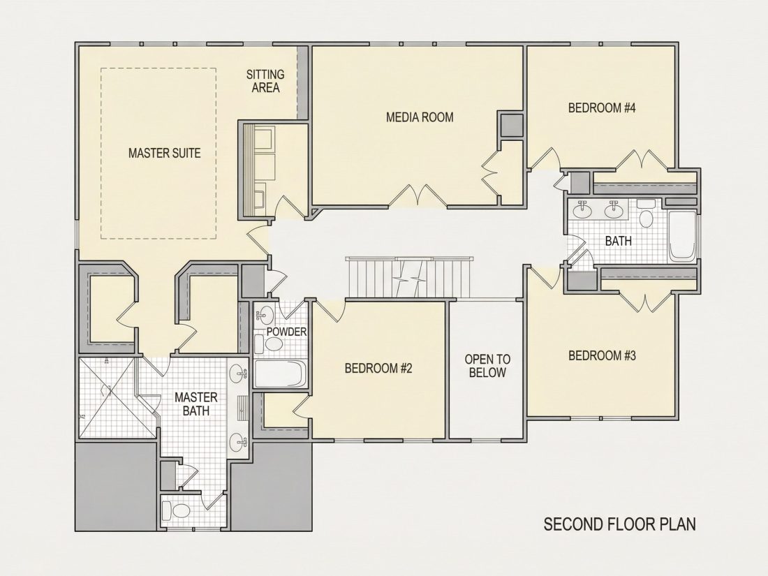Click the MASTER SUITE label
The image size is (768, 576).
click(165, 154)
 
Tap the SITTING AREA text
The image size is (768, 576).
click(265, 81)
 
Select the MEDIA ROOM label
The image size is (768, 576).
click(420, 117)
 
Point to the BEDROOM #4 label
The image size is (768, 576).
click(602, 108)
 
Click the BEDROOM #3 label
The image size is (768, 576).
click(602, 355)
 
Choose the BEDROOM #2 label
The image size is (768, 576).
click(378, 369)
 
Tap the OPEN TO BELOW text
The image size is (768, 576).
click(487, 366)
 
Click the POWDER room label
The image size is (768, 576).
click(286, 332)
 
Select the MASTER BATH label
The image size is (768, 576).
click(196, 404)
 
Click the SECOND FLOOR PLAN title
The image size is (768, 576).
click(619, 524)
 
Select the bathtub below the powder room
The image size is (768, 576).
click(280, 374)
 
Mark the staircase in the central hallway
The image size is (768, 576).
click(409, 276)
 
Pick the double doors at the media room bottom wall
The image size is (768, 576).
click(418, 196)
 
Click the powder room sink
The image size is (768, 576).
click(265, 313)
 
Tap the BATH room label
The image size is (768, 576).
click(618, 241)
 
